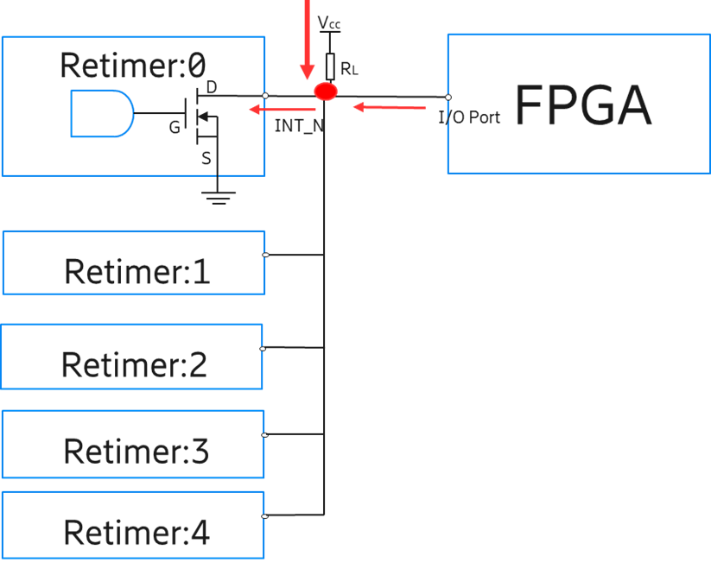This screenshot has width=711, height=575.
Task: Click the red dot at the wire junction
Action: [x=325, y=92]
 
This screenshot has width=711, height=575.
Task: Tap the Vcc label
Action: [x=329, y=23]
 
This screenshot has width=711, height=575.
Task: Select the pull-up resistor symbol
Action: [x=329, y=65]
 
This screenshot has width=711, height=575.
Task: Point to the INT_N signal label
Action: [x=300, y=126]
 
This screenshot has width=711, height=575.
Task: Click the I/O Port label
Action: [x=470, y=117]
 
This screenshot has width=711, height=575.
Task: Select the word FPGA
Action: [x=582, y=105]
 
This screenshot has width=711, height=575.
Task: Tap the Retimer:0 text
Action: [x=133, y=64]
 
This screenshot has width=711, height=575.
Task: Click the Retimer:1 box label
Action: [x=136, y=272]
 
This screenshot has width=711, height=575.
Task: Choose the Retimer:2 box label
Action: [x=134, y=364]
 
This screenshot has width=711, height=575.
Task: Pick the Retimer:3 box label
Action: [x=136, y=451]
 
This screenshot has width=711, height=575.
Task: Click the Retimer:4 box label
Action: [x=136, y=532]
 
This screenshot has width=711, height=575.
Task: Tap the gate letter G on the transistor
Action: [x=175, y=128]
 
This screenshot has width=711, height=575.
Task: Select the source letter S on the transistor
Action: [x=206, y=158]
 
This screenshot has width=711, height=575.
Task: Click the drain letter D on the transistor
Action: [x=212, y=87]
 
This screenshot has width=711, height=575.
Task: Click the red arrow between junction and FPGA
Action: [x=390, y=107]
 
